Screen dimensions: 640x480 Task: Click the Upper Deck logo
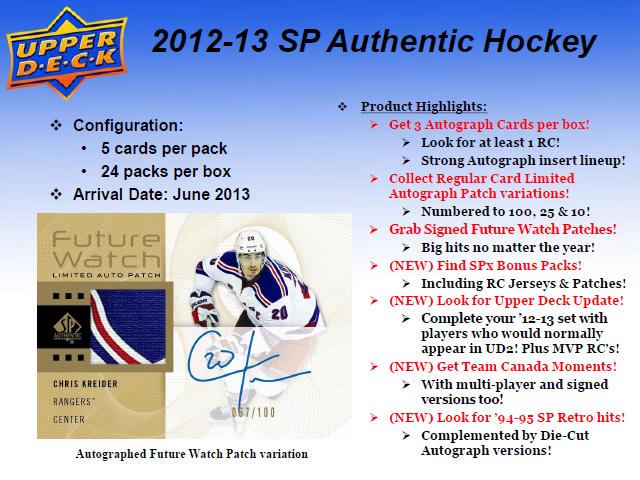click(67, 53)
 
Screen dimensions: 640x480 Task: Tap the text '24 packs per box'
click(166, 172)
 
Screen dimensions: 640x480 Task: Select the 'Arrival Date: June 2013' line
click(161, 194)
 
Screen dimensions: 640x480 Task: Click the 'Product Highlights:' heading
click(424, 107)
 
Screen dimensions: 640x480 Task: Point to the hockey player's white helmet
click(250, 244)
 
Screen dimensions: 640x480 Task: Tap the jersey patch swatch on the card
click(128, 327)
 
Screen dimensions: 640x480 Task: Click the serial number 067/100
click(253, 413)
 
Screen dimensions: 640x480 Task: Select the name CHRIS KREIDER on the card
click(85, 384)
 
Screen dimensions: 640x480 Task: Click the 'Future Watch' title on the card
click(106, 249)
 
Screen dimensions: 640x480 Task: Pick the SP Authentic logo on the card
click(67, 327)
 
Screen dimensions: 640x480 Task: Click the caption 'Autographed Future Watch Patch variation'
click(192, 454)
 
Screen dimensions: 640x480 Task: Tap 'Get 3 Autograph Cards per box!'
click(489, 124)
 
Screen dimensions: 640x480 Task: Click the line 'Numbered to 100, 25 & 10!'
click(505, 211)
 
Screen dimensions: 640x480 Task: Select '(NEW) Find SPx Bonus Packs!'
click(485, 265)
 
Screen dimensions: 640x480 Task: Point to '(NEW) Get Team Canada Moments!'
click(502, 367)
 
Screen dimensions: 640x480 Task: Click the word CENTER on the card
click(69, 420)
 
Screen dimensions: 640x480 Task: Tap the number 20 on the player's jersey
click(280, 313)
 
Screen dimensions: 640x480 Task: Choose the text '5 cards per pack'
click(164, 149)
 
